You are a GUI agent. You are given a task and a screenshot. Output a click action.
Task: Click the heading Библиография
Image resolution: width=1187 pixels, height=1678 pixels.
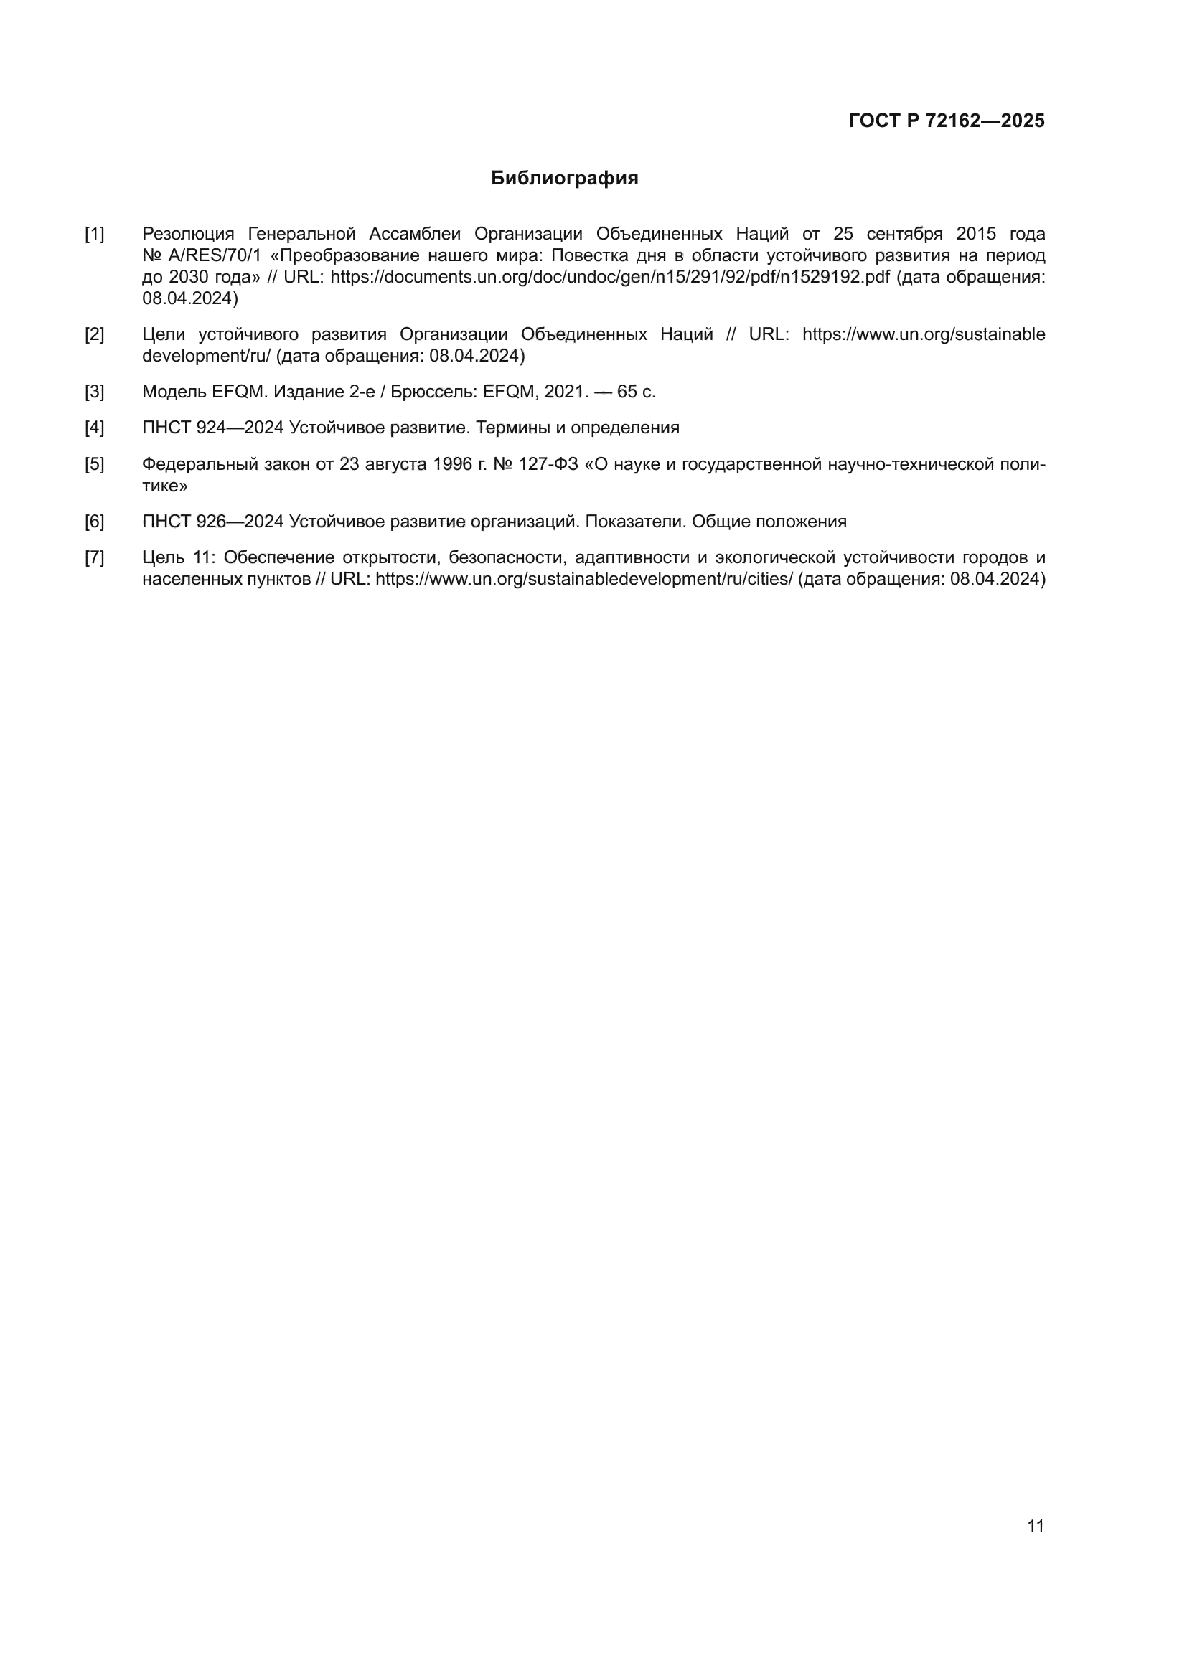(564, 179)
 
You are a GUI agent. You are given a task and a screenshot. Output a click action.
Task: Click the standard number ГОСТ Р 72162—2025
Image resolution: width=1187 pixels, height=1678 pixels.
(947, 121)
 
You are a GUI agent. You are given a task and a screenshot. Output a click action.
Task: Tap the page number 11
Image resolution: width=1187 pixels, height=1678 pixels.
(1036, 1527)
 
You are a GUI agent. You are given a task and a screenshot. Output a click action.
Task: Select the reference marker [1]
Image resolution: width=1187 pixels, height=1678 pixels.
(94, 234)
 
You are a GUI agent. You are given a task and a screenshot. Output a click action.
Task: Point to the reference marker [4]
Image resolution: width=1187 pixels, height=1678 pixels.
(94, 428)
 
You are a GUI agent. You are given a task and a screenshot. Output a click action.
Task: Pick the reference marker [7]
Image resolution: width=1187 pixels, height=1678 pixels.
(94, 557)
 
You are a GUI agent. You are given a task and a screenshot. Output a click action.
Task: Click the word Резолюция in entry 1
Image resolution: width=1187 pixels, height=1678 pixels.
(188, 234)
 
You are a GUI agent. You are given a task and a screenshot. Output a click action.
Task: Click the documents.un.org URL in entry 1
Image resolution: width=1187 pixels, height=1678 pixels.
(609, 277)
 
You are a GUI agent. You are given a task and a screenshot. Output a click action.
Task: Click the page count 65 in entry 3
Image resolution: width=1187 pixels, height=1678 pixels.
(627, 392)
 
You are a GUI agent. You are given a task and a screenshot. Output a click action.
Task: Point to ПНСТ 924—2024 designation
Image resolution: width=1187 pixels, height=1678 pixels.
(212, 428)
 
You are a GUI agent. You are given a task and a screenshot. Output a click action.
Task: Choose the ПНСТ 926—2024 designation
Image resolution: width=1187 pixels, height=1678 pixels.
(212, 522)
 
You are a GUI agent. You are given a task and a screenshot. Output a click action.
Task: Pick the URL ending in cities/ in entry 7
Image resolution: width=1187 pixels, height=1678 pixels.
(584, 579)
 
